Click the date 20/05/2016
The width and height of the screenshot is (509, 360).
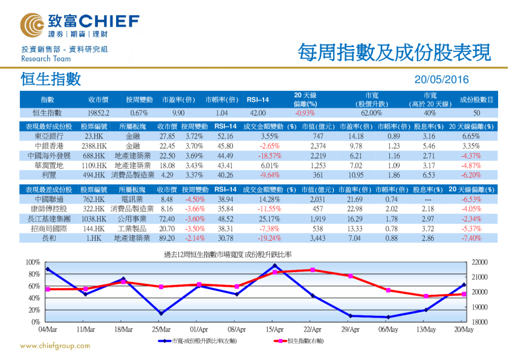442,79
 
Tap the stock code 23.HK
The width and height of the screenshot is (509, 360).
94,136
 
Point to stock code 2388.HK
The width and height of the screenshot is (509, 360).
94,146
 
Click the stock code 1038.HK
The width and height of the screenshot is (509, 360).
94,218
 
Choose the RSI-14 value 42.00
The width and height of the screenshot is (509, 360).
258,113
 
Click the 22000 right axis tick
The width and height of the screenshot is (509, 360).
478,262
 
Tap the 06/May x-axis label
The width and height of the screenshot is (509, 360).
388,330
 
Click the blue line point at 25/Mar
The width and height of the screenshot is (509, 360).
161,313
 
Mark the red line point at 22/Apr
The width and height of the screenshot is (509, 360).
313,270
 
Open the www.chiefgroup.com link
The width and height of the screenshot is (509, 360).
55,346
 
